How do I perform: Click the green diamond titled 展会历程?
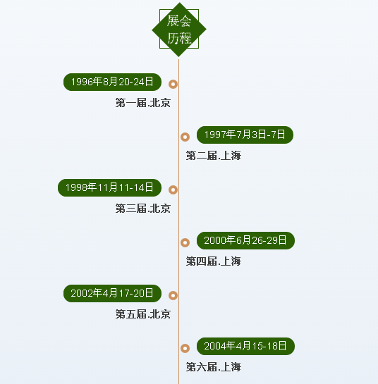click(179, 30)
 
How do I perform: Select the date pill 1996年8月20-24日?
click(112, 82)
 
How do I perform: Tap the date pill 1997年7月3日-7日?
click(245, 135)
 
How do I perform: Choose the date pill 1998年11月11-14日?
click(109, 187)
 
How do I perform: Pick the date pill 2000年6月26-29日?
click(245, 240)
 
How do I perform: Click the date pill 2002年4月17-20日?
click(112, 293)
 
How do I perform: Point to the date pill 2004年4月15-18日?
click(245, 346)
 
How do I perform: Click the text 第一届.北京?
click(143, 103)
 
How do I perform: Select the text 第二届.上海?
click(214, 156)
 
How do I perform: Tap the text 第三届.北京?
click(143, 209)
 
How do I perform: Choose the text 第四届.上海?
click(214, 261)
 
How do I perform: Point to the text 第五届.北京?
click(143, 314)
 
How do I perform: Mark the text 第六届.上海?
click(214, 367)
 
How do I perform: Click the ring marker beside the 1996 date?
click(170, 85)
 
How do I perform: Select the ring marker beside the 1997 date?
click(182, 137)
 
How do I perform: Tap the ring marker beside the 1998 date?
click(170, 190)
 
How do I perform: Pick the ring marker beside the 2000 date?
click(182, 242)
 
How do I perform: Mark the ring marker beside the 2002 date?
click(170, 296)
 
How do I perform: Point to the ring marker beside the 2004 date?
click(182, 348)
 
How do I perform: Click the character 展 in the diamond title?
click(173, 20)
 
